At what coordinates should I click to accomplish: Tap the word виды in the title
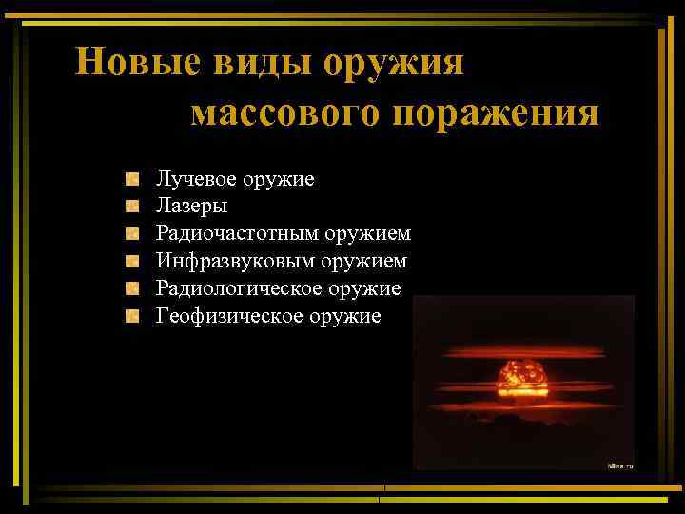pyautogui.click(x=255, y=62)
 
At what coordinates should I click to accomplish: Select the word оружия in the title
pyautogui.click(x=395, y=64)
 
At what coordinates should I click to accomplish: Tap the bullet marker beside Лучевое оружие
pyautogui.click(x=133, y=178)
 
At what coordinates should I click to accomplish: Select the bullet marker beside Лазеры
pyautogui.click(x=133, y=205)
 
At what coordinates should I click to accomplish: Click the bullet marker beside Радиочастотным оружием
pyautogui.click(x=133, y=232)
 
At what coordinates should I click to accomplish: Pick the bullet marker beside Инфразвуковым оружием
pyautogui.click(x=133, y=260)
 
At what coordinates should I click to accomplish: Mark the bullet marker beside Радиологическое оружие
pyautogui.click(x=133, y=287)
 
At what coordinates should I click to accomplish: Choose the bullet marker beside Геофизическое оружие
pyautogui.click(x=133, y=315)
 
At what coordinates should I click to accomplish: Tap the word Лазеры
pyautogui.click(x=192, y=205)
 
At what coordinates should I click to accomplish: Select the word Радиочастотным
pyautogui.click(x=237, y=232)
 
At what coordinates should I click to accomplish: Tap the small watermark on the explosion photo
pyautogui.click(x=619, y=465)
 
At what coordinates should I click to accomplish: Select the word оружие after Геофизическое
pyautogui.click(x=344, y=315)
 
